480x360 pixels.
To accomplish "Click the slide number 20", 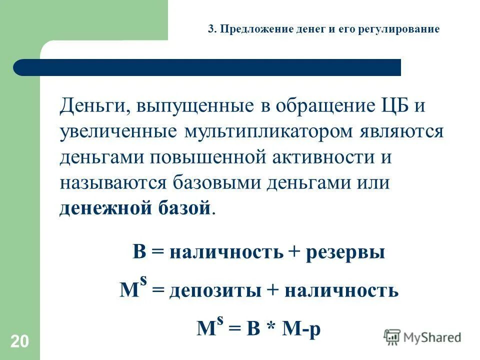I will [20, 342].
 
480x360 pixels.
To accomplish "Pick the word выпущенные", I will [186, 106].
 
